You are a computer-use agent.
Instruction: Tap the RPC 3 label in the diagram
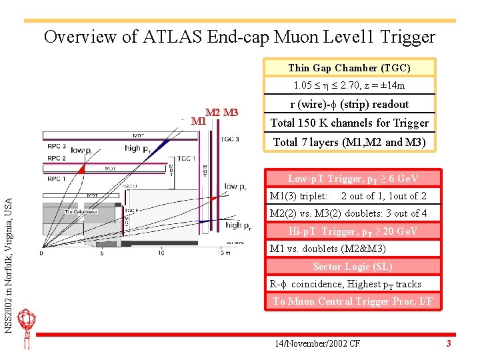(x=56, y=146)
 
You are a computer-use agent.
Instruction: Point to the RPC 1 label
(x=56, y=179)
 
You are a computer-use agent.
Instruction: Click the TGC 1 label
(x=185, y=159)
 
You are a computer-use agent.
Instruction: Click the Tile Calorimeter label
(x=81, y=212)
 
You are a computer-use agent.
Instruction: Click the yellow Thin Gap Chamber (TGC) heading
(x=349, y=67)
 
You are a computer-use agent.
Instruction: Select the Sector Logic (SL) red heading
(x=353, y=267)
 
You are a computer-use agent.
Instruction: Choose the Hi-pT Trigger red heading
(x=353, y=231)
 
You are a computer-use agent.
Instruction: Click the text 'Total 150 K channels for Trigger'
(x=349, y=123)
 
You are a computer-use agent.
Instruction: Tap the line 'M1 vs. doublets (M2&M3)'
(x=327, y=249)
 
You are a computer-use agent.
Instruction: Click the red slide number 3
(x=449, y=343)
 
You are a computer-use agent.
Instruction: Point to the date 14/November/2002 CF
(x=317, y=343)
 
